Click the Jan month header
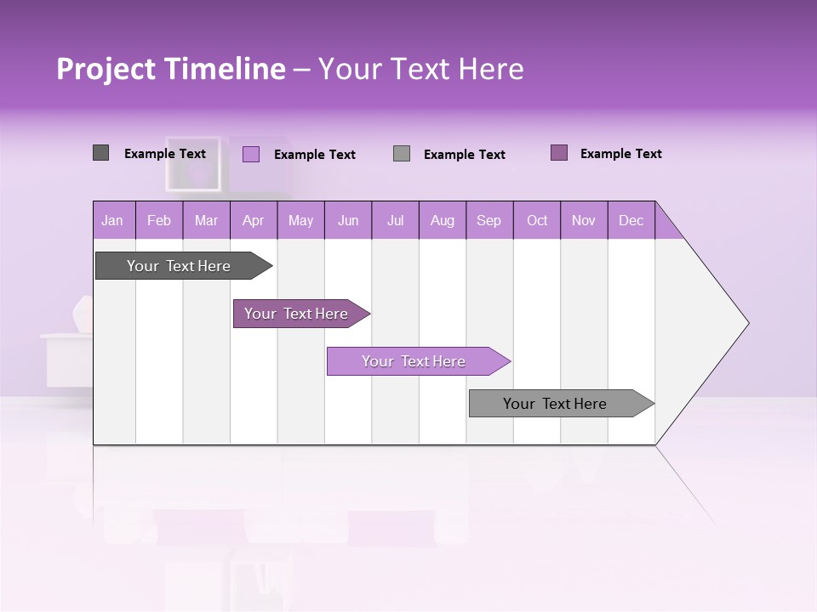[x=113, y=220]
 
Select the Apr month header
[x=254, y=220]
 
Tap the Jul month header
[x=395, y=220]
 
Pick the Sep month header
[x=489, y=220]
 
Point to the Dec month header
[x=631, y=220]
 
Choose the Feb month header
[x=159, y=220]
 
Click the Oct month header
[x=537, y=220]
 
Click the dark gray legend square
[x=100, y=153]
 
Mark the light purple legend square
[x=251, y=154]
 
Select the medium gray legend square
[x=402, y=153]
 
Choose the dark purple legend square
[x=559, y=153]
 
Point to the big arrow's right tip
[x=746, y=323]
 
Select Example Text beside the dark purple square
[x=620, y=154]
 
